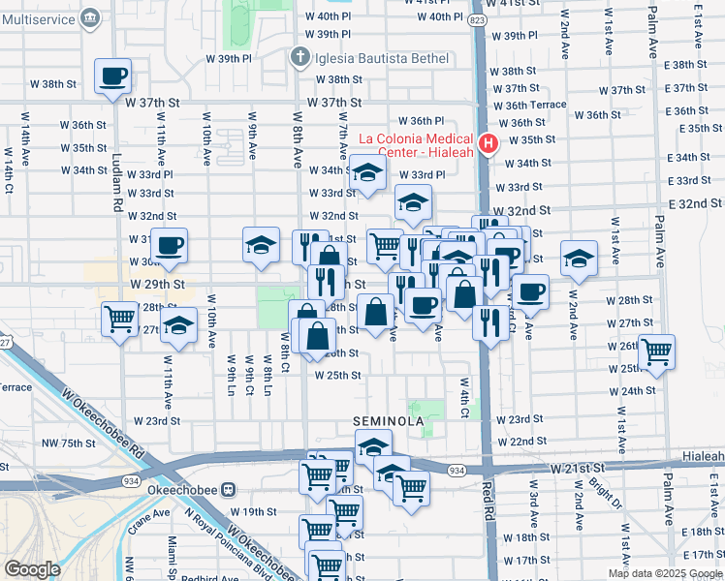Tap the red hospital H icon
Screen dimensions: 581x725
[489, 145]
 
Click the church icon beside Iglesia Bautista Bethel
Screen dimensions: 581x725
[300, 58]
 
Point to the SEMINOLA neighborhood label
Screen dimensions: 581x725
[388, 422]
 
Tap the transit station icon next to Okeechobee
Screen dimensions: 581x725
[229, 490]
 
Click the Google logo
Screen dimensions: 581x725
[32, 569]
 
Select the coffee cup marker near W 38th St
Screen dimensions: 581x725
[112, 75]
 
